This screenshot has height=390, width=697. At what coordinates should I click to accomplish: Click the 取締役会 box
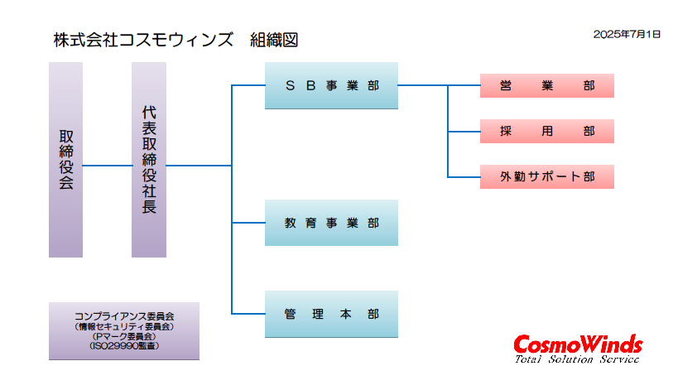coord(65,160)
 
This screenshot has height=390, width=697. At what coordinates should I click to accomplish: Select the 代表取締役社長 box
coord(149,160)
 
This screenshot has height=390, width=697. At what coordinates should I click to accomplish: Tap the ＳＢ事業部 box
coord(332,85)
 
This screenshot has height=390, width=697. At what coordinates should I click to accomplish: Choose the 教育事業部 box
coord(332,223)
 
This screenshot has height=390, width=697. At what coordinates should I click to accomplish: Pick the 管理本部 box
coord(332,314)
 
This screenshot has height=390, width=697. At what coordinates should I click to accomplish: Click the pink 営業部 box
coord(547,86)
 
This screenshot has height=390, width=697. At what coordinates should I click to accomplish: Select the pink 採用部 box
coord(547,131)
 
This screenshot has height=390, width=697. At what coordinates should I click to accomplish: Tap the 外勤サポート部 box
coord(547,176)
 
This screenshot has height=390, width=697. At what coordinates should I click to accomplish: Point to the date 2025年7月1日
coord(627,34)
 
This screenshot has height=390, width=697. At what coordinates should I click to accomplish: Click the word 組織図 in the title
coord(274,40)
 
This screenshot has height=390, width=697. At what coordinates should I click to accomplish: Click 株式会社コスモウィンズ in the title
coord(143,40)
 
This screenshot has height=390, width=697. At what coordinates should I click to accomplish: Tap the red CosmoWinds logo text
coord(578,344)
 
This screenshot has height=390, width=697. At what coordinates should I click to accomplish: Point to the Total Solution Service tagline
coord(577,359)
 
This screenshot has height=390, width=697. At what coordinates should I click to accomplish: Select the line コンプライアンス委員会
coord(124,316)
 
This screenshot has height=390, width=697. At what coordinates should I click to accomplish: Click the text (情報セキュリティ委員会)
coord(124,326)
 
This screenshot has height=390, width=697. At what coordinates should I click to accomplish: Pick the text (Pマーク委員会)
coord(124,336)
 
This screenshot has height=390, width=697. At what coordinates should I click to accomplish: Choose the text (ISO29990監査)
coord(124,345)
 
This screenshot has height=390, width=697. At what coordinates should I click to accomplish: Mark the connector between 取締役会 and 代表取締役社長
coord(107,166)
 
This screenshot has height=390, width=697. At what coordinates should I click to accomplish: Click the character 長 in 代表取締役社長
coord(149,207)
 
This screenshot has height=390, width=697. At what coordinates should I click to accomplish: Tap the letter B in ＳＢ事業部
coord(310,85)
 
